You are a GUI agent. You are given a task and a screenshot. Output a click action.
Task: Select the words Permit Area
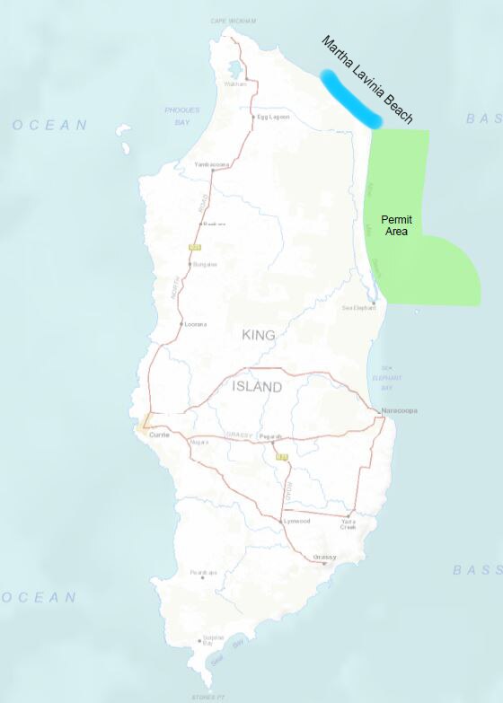tap(395, 224)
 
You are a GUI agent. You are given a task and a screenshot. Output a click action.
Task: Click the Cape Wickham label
tap(234, 20)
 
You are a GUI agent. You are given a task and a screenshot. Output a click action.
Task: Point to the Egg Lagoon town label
tap(274, 117)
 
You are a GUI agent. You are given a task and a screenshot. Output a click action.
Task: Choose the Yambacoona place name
tap(213, 165)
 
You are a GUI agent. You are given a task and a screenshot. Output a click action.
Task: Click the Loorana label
tap(196, 324)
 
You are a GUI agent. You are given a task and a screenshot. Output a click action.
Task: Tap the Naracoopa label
tap(401, 411)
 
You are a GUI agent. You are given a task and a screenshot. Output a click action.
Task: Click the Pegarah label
tap(270, 437)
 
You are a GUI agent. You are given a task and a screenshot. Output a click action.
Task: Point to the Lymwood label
tap(296, 521)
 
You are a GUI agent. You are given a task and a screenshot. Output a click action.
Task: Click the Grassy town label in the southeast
tap(324, 558)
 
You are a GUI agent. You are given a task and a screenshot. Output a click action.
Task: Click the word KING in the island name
tap(258, 335)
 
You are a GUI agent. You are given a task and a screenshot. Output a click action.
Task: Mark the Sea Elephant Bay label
tap(387, 378)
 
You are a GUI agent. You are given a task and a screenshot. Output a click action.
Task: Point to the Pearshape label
tap(204, 572)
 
